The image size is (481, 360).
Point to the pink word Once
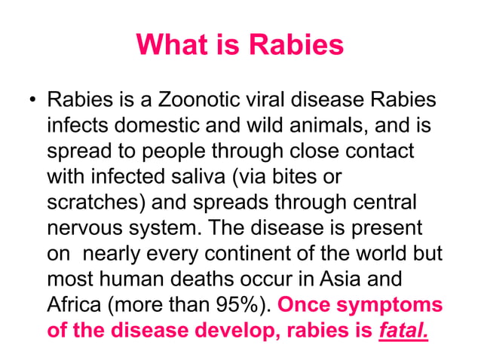click(x=303, y=307)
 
